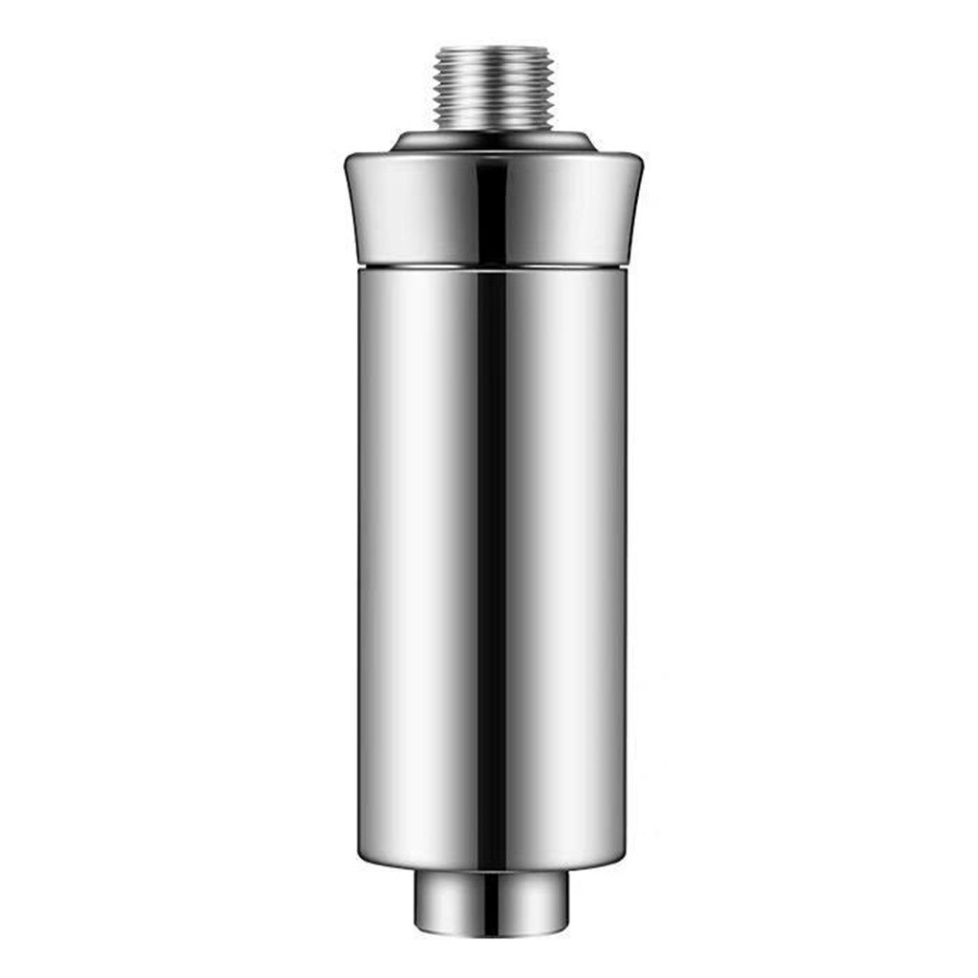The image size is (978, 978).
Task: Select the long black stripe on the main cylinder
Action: (491, 563)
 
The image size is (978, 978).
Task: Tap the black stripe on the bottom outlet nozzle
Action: (491, 903)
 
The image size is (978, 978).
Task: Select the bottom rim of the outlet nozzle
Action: (492, 931)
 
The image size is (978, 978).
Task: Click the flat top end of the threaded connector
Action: (492, 48)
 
